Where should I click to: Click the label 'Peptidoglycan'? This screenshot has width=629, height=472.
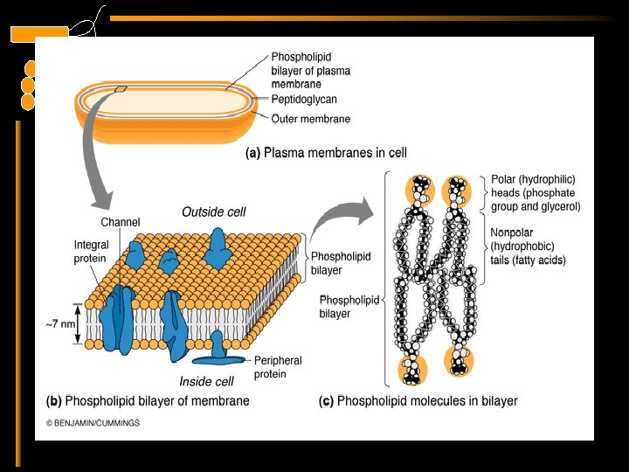click(303, 100)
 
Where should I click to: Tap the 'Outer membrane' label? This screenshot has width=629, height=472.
click(310, 119)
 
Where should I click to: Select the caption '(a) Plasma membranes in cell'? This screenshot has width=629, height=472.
click(325, 152)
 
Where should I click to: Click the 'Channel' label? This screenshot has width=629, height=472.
click(120, 222)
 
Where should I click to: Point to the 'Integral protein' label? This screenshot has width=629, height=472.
click(91, 252)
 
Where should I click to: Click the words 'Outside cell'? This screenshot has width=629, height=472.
click(214, 212)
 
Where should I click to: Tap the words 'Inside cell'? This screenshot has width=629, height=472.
click(206, 381)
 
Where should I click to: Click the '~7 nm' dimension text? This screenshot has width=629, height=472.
click(62, 324)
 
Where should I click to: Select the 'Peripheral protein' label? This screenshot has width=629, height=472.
click(278, 367)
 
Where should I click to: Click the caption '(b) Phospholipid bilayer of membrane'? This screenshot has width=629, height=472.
click(148, 401)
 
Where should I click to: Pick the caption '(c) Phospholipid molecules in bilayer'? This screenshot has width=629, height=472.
click(418, 401)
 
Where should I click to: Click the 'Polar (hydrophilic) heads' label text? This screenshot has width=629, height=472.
click(535, 193)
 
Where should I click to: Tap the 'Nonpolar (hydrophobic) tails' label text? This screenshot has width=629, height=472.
click(528, 246)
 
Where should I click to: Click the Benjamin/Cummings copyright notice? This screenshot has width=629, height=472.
click(93, 423)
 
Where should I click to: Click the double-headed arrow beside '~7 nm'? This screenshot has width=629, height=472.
click(83, 323)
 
